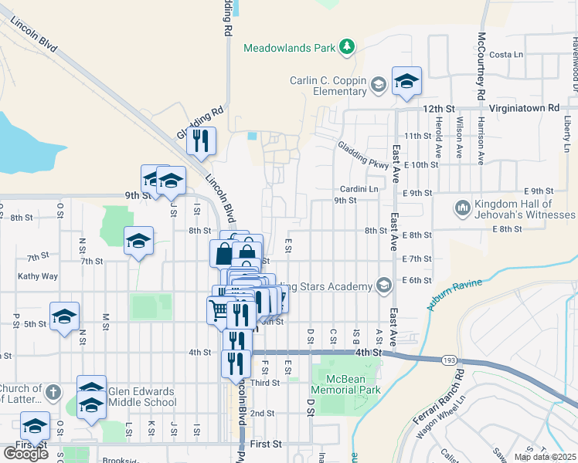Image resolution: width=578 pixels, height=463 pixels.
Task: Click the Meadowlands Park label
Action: click(290, 48)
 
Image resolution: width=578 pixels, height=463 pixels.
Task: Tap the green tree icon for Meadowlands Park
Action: click(348, 47)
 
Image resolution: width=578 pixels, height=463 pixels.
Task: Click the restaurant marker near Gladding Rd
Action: click(201, 141)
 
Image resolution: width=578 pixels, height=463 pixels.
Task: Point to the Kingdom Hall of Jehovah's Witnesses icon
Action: click(462, 207)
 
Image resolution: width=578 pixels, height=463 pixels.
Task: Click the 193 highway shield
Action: click(447, 360)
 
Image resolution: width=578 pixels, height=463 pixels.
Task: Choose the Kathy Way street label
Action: click(38, 275)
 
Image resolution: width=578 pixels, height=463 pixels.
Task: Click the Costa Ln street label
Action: click(506, 55)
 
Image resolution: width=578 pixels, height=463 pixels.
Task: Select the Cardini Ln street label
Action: click(359, 189)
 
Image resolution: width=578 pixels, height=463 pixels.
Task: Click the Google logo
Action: click(25, 454)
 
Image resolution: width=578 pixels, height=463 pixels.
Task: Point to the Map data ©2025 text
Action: click(545, 457)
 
